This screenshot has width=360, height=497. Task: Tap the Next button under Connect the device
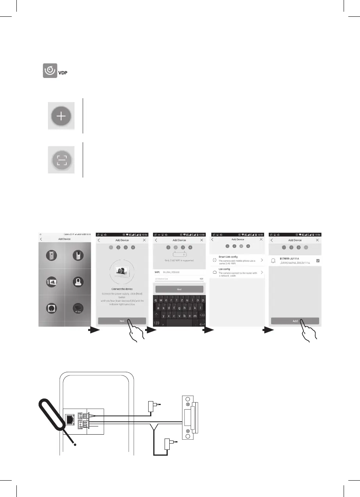click(122, 321)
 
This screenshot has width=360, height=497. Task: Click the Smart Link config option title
click(228, 257)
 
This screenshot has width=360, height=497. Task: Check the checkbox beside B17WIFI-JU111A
click(318, 260)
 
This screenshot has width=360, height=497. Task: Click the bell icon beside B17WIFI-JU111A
click(273, 260)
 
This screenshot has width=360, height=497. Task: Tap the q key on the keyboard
click(157, 300)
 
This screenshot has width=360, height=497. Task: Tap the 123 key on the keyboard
click(157, 323)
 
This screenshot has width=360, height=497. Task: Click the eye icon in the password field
click(201, 279)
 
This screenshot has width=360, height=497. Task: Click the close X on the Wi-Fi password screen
click(202, 240)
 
